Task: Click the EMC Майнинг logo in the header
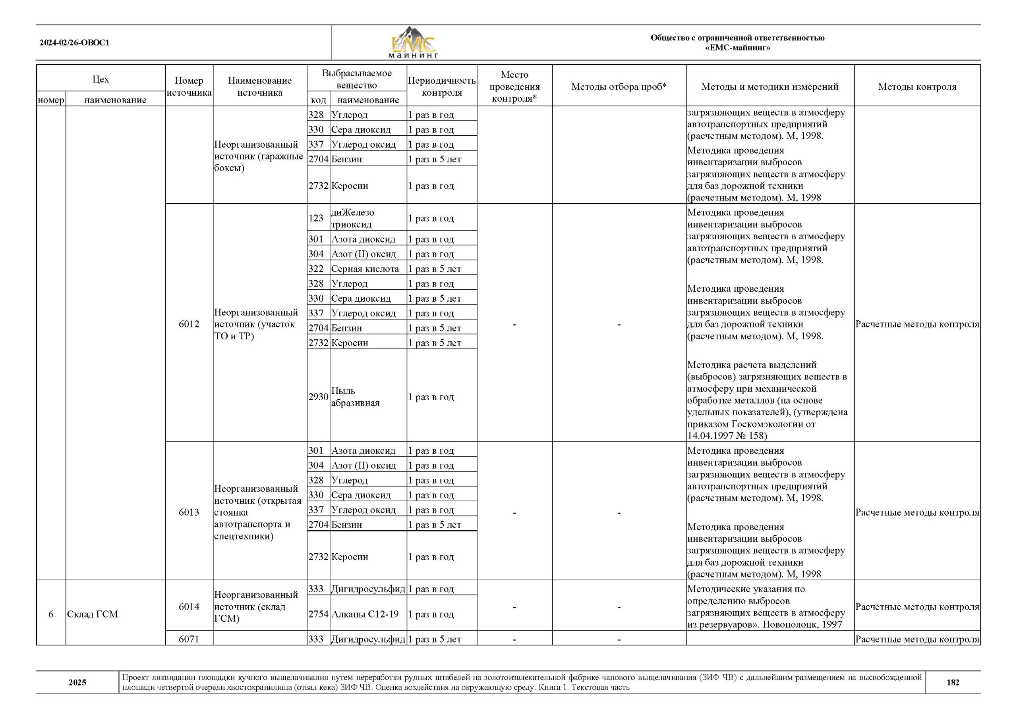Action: click(413, 43)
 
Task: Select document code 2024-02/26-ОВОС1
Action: click(74, 43)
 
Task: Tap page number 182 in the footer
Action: click(953, 682)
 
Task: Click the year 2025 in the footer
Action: click(77, 682)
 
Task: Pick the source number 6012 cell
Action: click(189, 324)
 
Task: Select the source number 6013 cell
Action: click(189, 512)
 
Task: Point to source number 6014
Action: click(189, 607)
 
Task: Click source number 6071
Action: click(189, 639)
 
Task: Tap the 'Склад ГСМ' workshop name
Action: click(93, 614)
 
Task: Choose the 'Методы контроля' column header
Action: click(917, 87)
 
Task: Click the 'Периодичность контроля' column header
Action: click(441, 87)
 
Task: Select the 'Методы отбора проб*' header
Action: click(619, 87)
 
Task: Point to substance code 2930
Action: click(318, 397)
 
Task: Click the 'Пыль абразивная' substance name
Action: click(355, 397)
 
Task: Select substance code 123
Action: click(316, 218)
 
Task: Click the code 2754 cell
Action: click(318, 614)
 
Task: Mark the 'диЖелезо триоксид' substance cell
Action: click(352, 218)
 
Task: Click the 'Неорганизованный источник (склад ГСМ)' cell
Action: click(256, 607)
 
